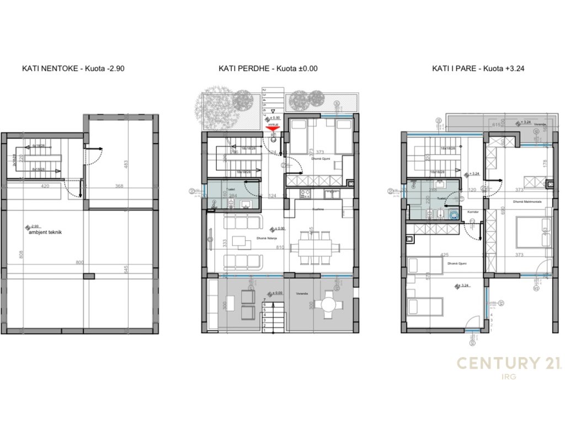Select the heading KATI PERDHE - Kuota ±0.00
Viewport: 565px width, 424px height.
[x=268, y=69]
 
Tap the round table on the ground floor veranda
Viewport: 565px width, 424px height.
[x=329, y=305]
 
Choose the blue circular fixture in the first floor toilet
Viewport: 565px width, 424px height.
[x=453, y=214]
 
